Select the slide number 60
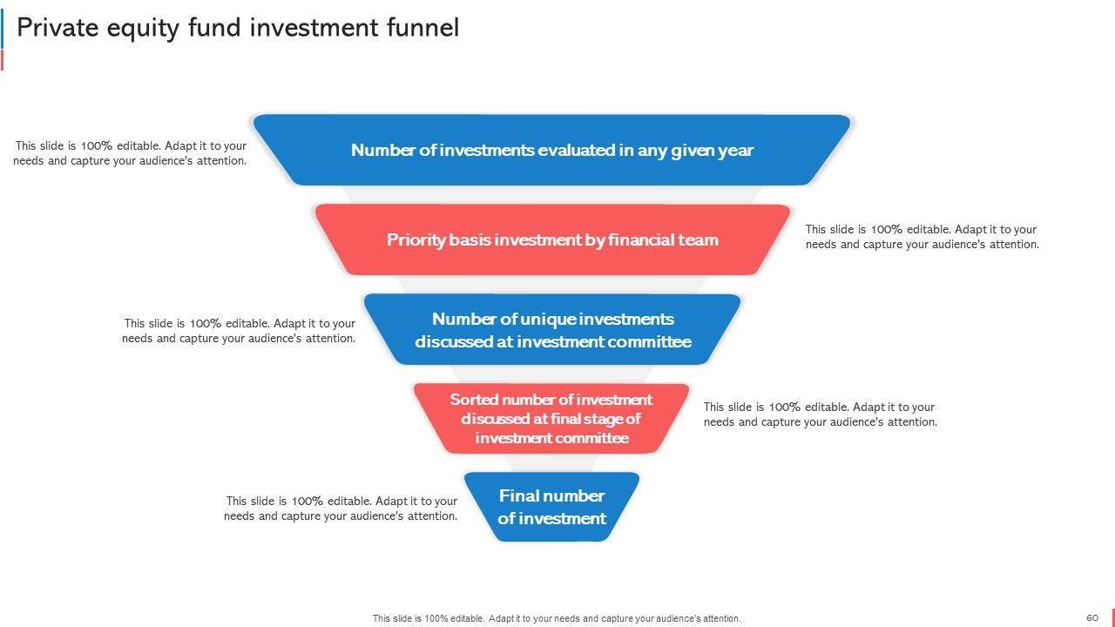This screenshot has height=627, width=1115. [1091, 617]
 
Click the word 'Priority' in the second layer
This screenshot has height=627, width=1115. [416, 239]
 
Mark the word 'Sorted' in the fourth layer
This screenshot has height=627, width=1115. [474, 400]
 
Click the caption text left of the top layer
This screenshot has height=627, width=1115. [130, 153]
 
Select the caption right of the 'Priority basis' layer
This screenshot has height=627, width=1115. [922, 237]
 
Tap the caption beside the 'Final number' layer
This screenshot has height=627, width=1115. [341, 509]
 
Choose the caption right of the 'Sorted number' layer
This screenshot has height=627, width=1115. [820, 415]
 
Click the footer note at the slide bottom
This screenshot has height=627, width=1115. [557, 618]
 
